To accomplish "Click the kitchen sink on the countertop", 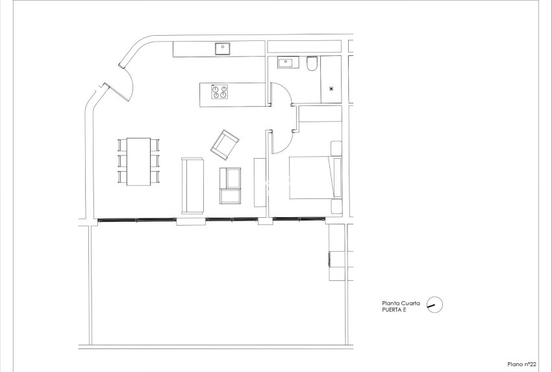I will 223,47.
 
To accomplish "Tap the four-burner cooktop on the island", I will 220,92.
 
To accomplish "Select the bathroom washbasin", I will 286,63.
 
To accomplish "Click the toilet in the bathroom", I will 312,64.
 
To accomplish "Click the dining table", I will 138,161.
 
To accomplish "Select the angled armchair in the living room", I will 225,143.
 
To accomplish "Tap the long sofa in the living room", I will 193,185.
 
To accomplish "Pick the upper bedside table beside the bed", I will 336,148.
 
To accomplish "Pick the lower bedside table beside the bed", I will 336,207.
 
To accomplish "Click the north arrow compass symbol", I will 434,305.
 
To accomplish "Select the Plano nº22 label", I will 521,364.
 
